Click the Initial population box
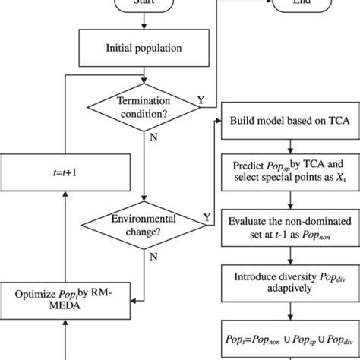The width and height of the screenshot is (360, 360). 144,48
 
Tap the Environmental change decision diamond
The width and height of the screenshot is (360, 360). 144,223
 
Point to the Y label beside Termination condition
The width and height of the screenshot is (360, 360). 201,99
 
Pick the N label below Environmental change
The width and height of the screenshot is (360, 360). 155,257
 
